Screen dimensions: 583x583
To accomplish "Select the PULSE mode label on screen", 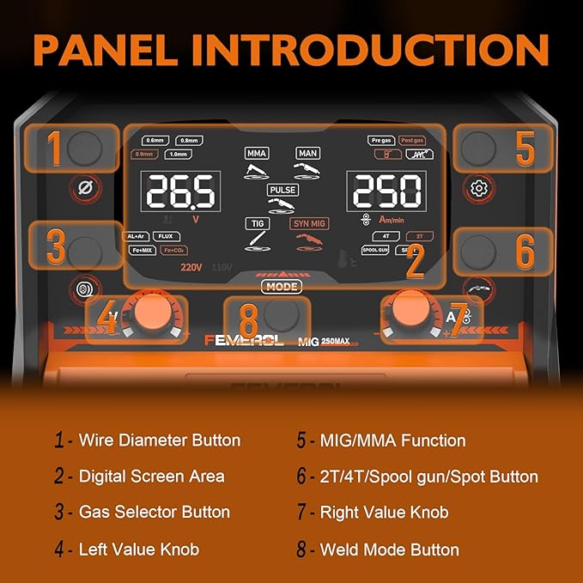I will click(282, 190).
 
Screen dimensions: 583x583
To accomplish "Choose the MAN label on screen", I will click(307, 153).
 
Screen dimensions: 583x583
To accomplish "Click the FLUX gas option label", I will click(166, 236).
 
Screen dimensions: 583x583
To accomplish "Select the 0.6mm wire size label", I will click(155, 140).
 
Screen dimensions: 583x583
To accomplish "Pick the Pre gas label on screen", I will click(381, 140).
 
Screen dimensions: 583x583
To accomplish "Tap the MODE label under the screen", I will click(283, 287).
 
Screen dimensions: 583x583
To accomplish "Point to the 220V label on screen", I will click(191, 267).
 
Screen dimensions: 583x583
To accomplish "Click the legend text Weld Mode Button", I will click(389, 550).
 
